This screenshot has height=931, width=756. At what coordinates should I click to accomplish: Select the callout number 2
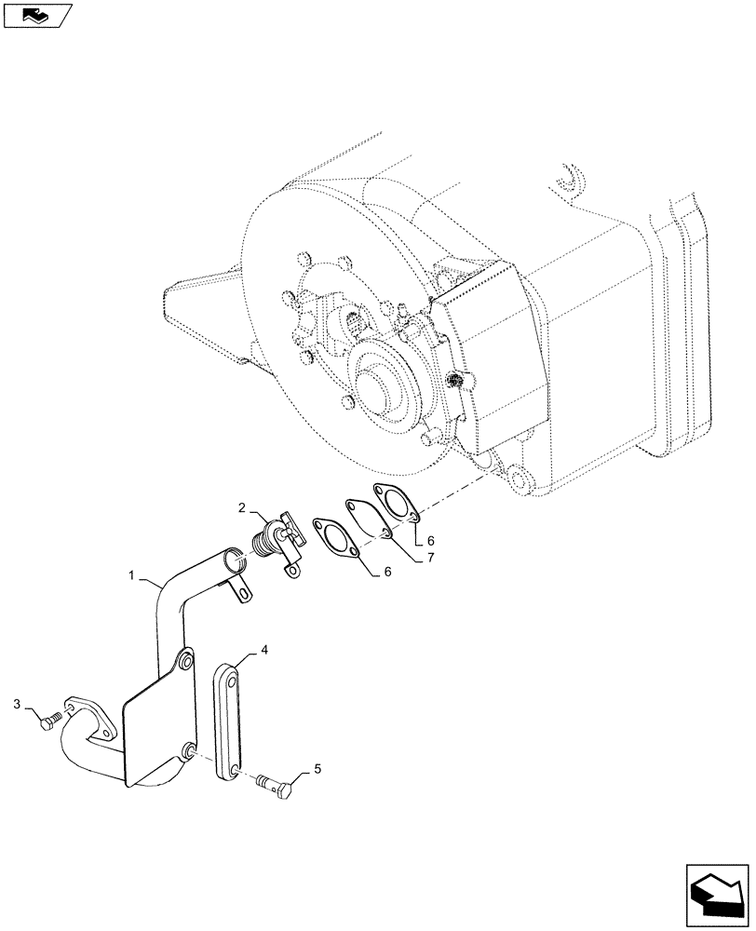[241, 508]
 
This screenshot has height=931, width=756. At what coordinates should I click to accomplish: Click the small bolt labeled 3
[51, 720]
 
